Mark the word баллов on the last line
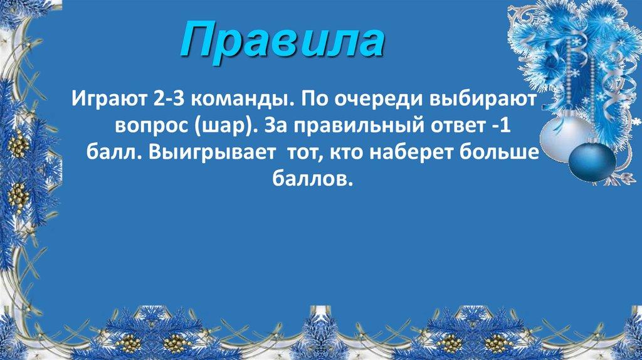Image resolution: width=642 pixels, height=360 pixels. (x=309, y=181)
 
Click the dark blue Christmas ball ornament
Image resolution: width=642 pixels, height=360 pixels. (x=592, y=159)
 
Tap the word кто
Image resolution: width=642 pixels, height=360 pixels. (x=354, y=155)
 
